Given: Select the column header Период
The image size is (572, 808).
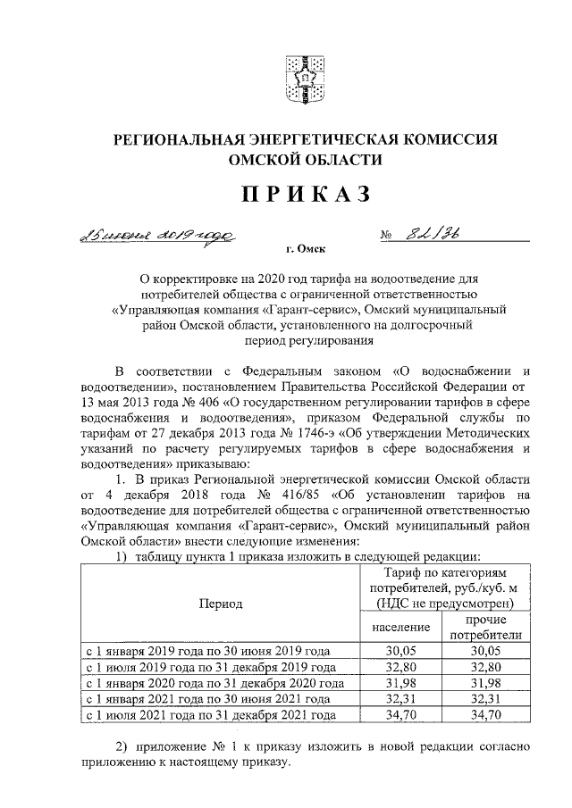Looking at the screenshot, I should click(221, 604).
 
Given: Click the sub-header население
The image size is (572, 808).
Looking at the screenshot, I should click(400, 627).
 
